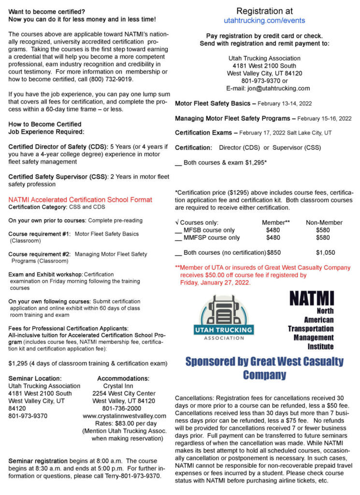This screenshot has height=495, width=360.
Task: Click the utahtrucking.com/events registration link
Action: coord(264,21)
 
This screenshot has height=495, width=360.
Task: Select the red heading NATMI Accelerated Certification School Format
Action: coord(80,200)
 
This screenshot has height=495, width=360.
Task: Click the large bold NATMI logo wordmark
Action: coord(311,298)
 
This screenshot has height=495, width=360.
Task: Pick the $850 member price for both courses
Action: coord(274,252)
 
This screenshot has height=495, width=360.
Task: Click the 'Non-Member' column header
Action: coord(324,222)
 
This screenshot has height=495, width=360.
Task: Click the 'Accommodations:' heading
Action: coord(123,378)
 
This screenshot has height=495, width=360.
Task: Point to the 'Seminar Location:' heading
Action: coord(35,378)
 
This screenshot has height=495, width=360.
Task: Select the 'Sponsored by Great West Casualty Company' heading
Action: coord(264,368)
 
